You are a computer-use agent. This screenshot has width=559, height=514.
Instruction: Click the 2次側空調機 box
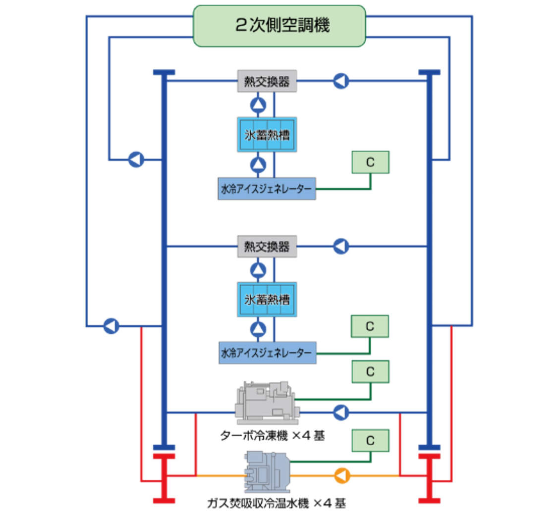pos(279,26)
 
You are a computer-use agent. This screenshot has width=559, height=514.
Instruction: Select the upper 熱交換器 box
pos(267,81)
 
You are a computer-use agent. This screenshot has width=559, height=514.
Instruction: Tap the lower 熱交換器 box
pos(267,246)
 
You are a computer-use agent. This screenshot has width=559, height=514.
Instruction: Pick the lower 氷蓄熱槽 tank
pos(267,300)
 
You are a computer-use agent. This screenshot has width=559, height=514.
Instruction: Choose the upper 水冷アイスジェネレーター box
pos(267,189)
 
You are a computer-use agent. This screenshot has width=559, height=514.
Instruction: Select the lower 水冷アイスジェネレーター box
pos(267,353)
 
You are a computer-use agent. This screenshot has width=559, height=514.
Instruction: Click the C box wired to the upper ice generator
pos(370,162)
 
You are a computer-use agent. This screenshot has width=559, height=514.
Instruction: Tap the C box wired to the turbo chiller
pos(370,371)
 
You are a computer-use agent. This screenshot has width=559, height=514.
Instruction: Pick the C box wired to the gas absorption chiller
pos(370,440)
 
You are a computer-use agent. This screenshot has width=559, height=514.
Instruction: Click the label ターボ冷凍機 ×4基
pos(273,436)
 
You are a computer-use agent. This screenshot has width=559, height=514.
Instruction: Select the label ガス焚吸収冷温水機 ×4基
pos(276,504)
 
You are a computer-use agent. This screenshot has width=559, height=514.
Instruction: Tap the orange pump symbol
pos(341,475)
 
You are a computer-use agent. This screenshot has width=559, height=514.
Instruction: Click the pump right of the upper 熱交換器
pos(341,81)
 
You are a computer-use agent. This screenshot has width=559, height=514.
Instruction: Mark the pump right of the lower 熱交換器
pos(341,246)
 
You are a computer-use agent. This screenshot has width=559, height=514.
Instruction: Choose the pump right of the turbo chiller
pos(341,412)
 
